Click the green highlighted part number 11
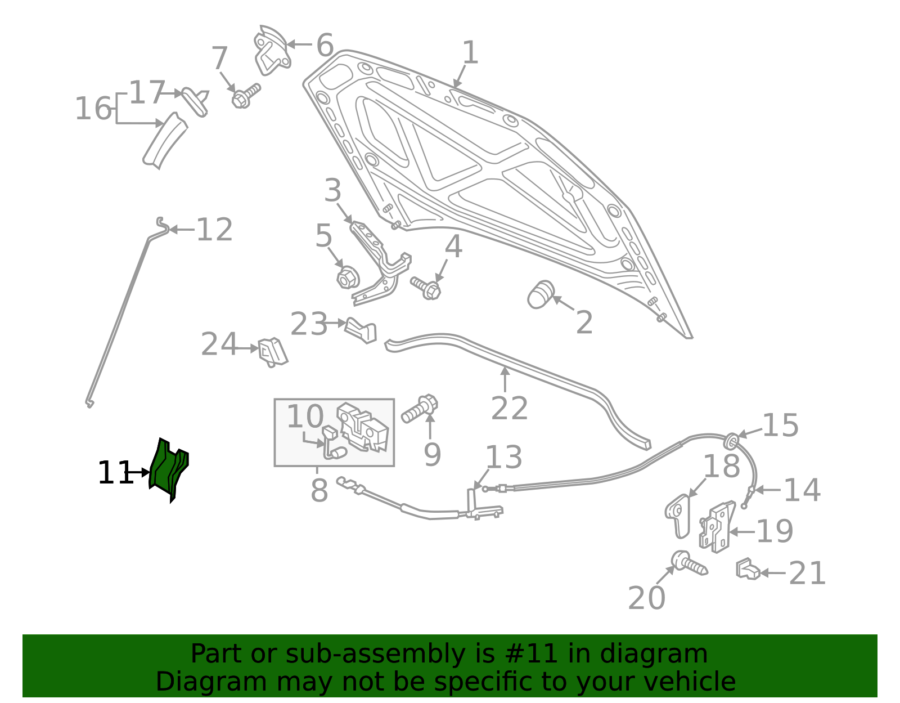coord(169,470)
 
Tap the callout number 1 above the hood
coord(470,53)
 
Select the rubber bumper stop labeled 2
coord(541,294)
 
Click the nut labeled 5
coord(347,277)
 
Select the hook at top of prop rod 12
coord(161,225)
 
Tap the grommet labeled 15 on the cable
coord(731,441)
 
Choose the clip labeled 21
coord(747,570)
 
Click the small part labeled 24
coord(272,352)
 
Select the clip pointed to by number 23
coord(361,330)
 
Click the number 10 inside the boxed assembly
coord(305,417)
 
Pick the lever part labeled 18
coord(678,515)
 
